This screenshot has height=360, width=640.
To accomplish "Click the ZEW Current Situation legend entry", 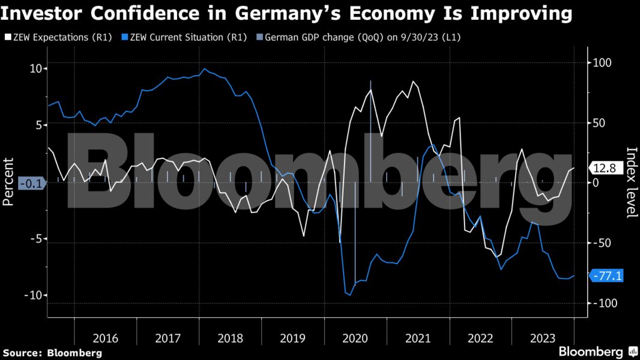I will [183, 38].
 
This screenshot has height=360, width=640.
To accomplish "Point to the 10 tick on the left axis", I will [36, 68].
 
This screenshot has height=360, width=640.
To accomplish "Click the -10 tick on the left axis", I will [33, 296].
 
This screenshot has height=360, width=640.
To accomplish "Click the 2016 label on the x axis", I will [105, 337].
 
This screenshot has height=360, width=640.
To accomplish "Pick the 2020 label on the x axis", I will [355, 337].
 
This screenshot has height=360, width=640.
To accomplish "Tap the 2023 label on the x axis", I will [543, 337].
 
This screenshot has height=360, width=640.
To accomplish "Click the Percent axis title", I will [8, 182].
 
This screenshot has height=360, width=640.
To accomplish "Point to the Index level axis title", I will [631, 182].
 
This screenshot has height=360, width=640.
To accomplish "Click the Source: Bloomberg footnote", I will [52, 352].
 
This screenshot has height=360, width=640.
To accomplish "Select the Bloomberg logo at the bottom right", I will [598, 351].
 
